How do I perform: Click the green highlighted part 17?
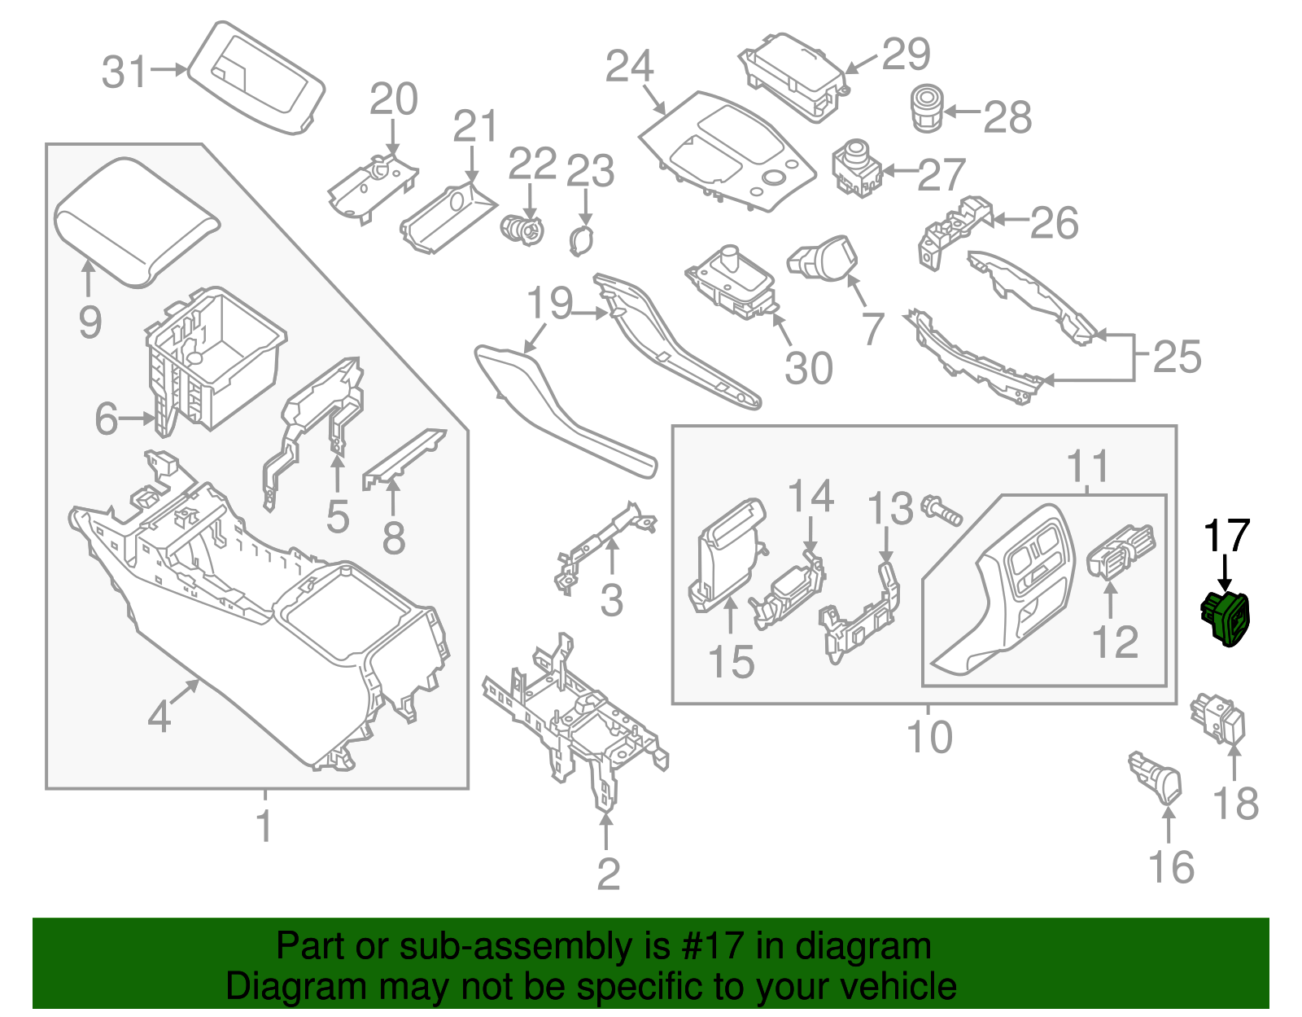coord(1228,619)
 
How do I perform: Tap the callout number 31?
coord(125,72)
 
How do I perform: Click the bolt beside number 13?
coord(942,510)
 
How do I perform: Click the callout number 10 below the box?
coord(929,737)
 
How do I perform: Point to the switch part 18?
coord(1219,718)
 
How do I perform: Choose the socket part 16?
coord(1156,775)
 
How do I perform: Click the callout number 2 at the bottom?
coord(608,873)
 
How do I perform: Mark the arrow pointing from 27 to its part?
coord(900,171)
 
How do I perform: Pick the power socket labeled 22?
coord(522,228)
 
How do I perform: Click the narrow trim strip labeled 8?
coord(404,458)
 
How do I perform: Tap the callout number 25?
coord(1177,357)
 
